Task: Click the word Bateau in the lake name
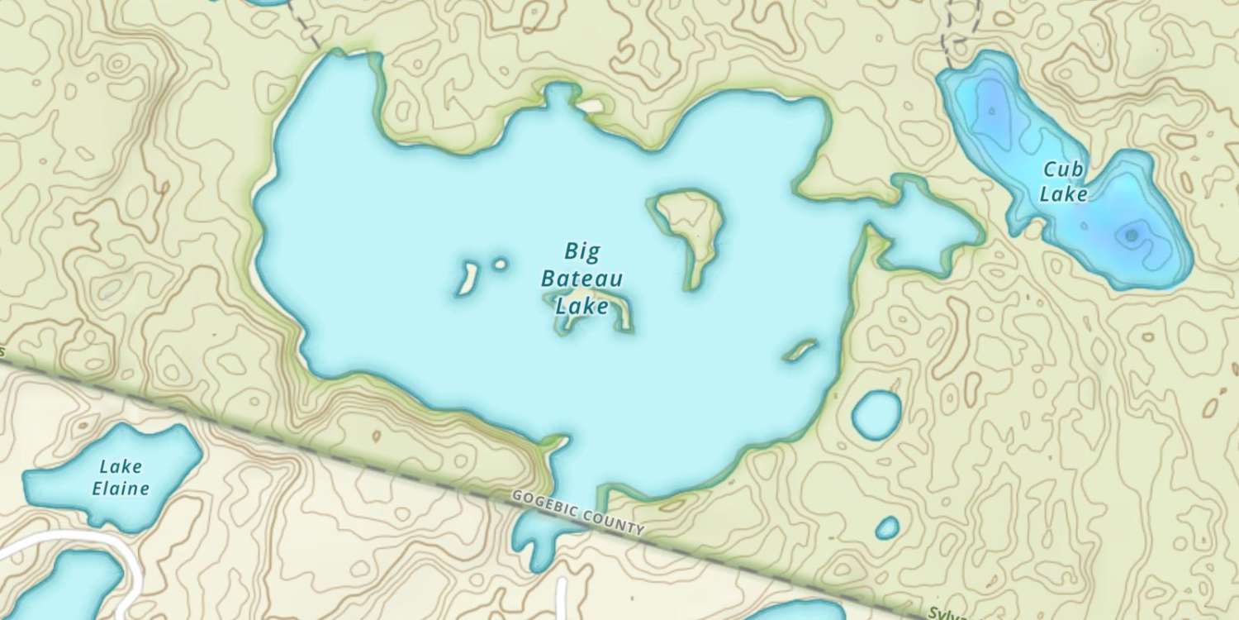[582, 279]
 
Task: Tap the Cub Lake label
[1063, 182]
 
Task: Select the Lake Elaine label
[121, 478]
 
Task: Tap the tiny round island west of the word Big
[500, 265]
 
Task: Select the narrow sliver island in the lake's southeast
[800, 351]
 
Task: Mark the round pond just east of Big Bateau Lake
[876, 414]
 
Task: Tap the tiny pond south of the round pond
[887, 527]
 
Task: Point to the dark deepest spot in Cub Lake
[1131, 236]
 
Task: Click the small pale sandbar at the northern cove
[591, 107]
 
